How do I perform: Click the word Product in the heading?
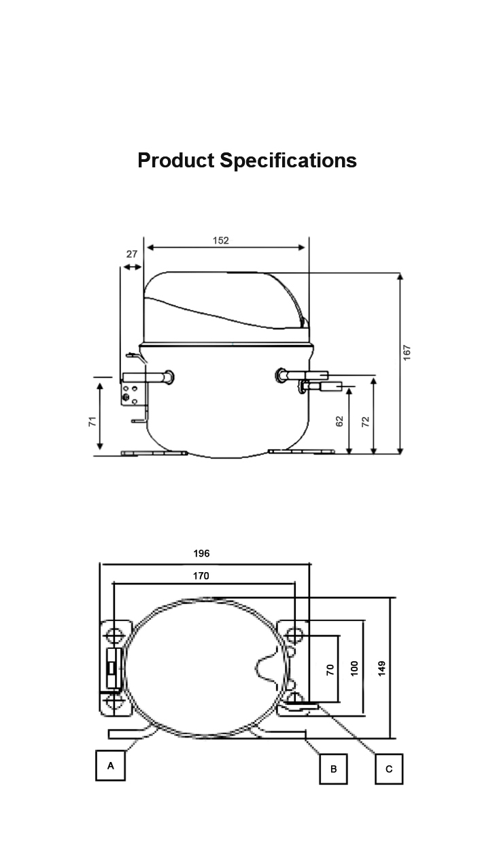(x=176, y=160)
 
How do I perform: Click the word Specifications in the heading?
(x=288, y=161)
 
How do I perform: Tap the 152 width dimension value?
(x=221, y=240)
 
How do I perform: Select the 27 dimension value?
(x=131, y=254)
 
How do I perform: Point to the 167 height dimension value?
(x=407, y=352)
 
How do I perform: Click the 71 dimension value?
(x=92, y=421)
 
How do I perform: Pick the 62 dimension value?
(x=339, y=421)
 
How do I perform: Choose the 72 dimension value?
(x=365, y=422)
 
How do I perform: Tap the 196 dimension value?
(x=201, y=554)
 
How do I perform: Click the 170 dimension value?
(x=201, y=576)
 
